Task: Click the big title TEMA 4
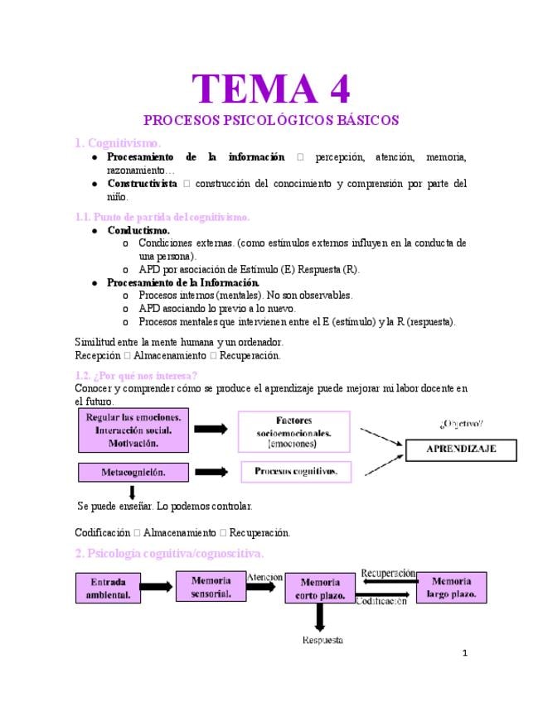point(270,89)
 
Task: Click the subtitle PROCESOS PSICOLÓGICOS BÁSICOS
point(271,120)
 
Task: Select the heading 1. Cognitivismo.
point(119,142)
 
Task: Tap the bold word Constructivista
point(142,183)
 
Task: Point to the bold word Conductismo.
point(138,230)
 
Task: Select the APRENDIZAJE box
point(460,449)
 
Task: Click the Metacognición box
point(133,472)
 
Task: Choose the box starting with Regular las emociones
point(133,430)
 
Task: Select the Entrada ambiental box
point(109,589)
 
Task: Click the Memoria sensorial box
point(211,586)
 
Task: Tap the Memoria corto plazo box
point(319,589)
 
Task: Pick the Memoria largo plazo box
point(451,587)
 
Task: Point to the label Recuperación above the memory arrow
point(388,573)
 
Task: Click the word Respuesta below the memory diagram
point(322,640)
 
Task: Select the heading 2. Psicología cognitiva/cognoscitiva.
point(169,552)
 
